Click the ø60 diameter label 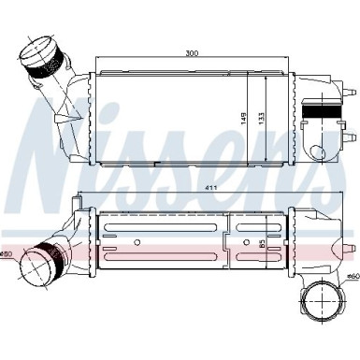click(x=353, y=277)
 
